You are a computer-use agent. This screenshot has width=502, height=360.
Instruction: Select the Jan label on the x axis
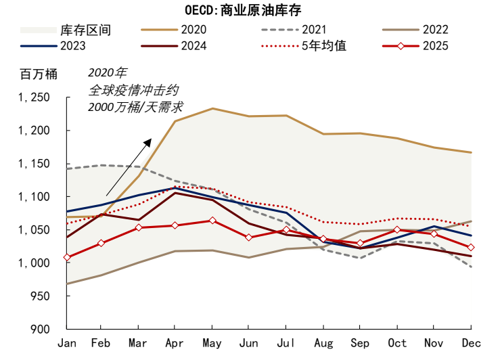click(x=67, y=344)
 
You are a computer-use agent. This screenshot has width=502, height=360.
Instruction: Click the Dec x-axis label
click(x=471, y=344)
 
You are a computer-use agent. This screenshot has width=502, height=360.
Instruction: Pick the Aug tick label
click(x=323, y=344)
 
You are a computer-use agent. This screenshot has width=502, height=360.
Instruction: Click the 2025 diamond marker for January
click(x=67, y=257)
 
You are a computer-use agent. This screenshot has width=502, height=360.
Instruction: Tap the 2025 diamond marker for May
click(x=213, y=221)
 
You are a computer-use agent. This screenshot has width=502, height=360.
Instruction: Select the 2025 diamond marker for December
click(x=471, y=248)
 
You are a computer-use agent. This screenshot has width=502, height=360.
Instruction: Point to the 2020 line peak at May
click(x=213, y=108)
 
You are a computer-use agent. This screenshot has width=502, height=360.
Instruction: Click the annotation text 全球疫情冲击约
click(x=134, y=89)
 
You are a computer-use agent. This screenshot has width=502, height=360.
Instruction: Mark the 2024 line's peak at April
click(x=176, y=193)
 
